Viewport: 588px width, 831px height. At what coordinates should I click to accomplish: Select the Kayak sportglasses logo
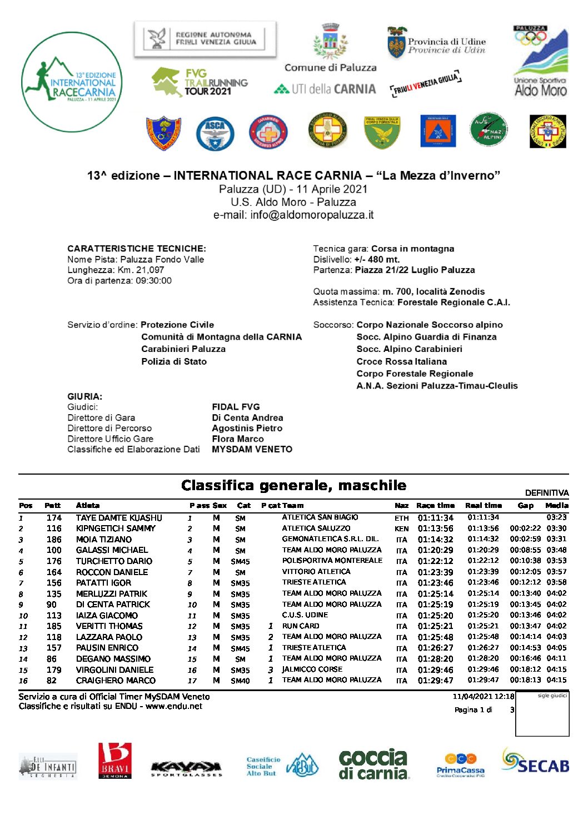(186, 768)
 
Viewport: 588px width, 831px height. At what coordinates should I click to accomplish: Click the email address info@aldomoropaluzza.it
(293, 215)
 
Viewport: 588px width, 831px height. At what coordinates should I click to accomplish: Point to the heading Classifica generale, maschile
(293, 486)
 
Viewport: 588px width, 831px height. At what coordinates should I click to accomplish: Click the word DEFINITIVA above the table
(547, 493)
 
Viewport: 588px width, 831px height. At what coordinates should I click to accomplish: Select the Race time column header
(435, 506)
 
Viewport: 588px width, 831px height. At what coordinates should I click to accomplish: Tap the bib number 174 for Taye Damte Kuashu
(54, 518)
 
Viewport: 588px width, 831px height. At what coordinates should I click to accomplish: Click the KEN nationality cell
(401, 529)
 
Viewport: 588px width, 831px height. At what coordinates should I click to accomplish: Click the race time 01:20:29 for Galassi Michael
(436, 551)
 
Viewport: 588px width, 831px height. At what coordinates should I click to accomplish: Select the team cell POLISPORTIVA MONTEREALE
(332, 561)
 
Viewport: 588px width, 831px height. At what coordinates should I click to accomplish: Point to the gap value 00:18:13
(525, 680)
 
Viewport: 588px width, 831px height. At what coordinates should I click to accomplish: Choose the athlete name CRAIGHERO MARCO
(116, 681)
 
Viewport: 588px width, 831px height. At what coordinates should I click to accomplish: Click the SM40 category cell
(240, 681)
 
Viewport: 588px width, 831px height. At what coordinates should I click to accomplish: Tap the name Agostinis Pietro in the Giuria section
(247, 429)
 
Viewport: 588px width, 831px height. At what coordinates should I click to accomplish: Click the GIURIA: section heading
(85, 396)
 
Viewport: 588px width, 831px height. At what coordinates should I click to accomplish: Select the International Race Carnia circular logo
(71, 82)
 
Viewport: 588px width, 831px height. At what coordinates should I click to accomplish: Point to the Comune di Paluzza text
(330, 68)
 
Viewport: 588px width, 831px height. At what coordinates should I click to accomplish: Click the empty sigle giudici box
(542, 717)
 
